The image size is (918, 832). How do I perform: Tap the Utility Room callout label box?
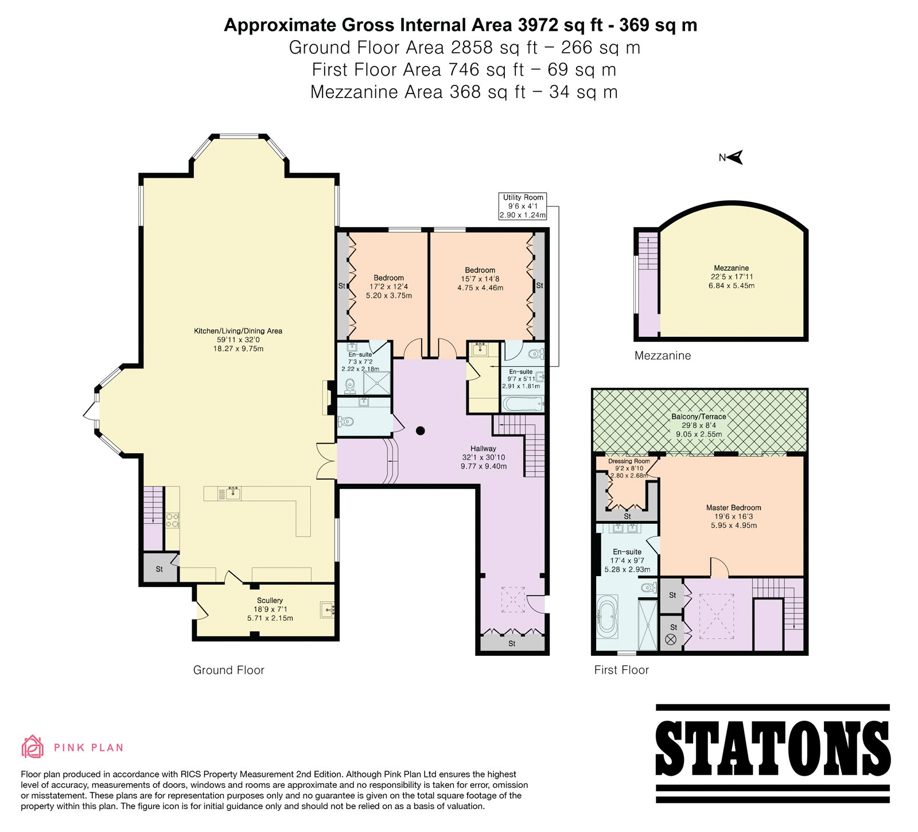tap(523, 206)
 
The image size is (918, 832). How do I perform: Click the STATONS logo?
tap(772, 753)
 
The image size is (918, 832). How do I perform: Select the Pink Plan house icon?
tap(33, 747)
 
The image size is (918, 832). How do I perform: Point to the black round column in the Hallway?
tap(421, 430)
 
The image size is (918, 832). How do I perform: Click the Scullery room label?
tap(270, 609)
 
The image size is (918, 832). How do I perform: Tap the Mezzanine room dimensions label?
tap(732, 281)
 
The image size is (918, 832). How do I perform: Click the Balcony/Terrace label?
tap(699, 425)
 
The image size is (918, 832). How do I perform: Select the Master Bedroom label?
tap(734, 516)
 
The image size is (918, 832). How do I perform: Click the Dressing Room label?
tap(629, 468)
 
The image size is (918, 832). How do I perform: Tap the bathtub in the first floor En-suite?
tap(607, 617)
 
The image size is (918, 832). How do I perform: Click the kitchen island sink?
tap(233, 492)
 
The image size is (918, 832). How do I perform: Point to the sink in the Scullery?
tap(328, 609)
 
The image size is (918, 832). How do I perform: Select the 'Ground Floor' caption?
tap(228, 670)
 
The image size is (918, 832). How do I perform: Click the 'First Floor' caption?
tap(621, 670)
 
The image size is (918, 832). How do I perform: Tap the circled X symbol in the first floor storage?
tap(671, 639)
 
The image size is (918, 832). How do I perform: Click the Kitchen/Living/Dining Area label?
tap(238, 340)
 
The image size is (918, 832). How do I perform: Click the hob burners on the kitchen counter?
tap(173, 520)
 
